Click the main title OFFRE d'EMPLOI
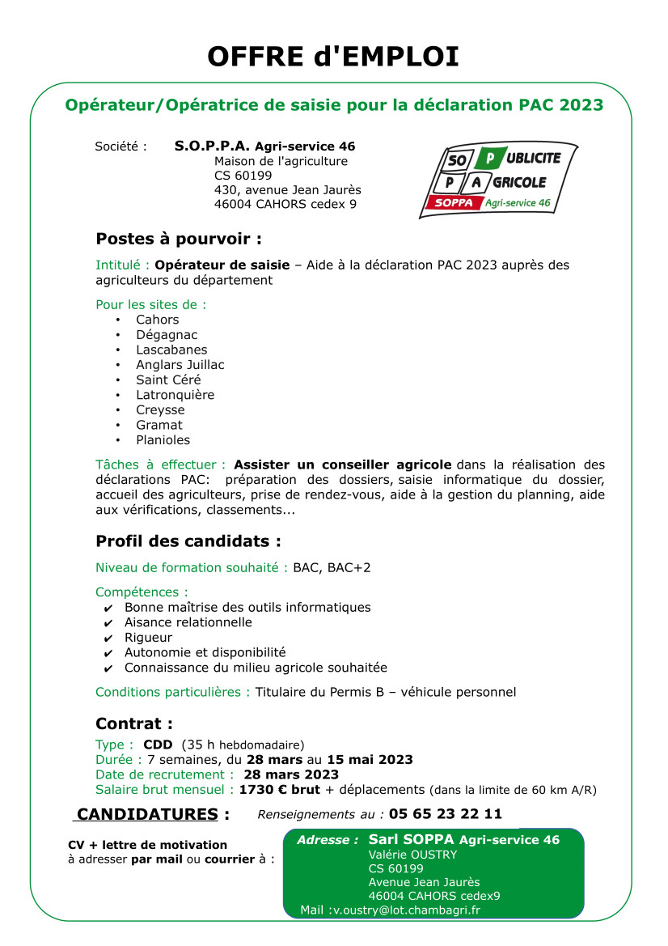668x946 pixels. tap(333, 57)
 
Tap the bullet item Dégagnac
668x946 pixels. tap(167, 335)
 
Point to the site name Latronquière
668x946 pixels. tap(175, 395)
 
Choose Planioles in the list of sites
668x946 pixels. tap(163, 440)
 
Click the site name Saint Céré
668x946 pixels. tap(168, 380)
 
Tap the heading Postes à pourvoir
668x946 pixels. tap(179, 240)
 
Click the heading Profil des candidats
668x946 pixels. tap(188, 541)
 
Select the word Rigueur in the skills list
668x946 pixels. tap(148, 638)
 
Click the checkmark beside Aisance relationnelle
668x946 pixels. tap(108, 623)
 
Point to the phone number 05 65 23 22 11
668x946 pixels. tap(445, 814)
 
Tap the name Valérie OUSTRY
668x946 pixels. tap(412, 855)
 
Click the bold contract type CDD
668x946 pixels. tap(158, 744)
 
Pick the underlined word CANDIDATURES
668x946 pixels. tap(147, 814)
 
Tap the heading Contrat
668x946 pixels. tap(134, 724)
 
